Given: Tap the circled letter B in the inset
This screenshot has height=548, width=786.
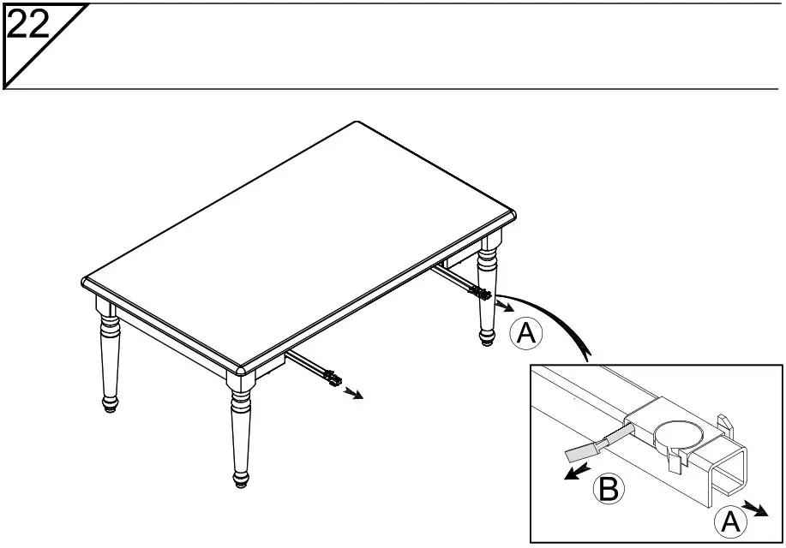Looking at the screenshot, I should click(607, 490).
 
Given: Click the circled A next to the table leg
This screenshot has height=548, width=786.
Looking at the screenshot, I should click(525, 334).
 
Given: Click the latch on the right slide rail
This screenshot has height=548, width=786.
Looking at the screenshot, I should click(480, 294).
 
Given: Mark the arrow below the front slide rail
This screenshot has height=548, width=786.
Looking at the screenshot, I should click(352, 394).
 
